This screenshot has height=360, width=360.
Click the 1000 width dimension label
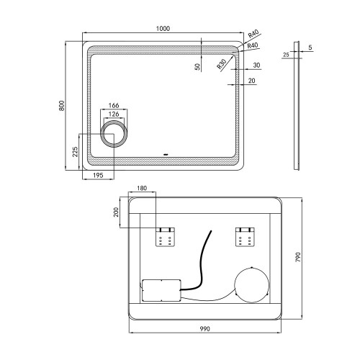pyautogui.click(x=163, y=29)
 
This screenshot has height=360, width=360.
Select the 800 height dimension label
pyautogui.click(x=62, y=105)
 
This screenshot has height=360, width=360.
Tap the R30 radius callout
pyautogui.click(x=222, y=64)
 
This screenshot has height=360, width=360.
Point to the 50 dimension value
pyautogui.click(x=197, y=66)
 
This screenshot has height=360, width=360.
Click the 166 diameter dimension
pyautogui.click(x=114, y=105)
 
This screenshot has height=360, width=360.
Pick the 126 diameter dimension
pyautogui.click(x=114, y=114)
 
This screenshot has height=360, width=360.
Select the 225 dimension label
pyautogui.click(x=75, y=152)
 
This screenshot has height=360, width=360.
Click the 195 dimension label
pyautogui.click(x=98, y=176)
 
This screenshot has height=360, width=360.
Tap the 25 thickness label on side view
pyautogui.click(x=286, y=55)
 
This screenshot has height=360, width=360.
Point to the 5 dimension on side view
pyautogui.click(x=310, y=48)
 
